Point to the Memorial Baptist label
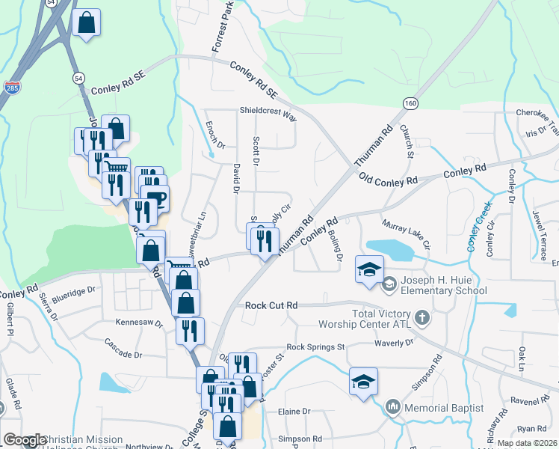pos(444,408)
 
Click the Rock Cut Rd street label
pos(272,305)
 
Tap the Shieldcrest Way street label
pos(268,115)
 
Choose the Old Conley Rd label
pos(388,180)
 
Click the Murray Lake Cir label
pos(406,233)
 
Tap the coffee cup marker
pos(155,198)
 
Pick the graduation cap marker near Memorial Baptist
pos(363,382)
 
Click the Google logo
pos(25,440)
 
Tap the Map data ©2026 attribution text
pos(527,443)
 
